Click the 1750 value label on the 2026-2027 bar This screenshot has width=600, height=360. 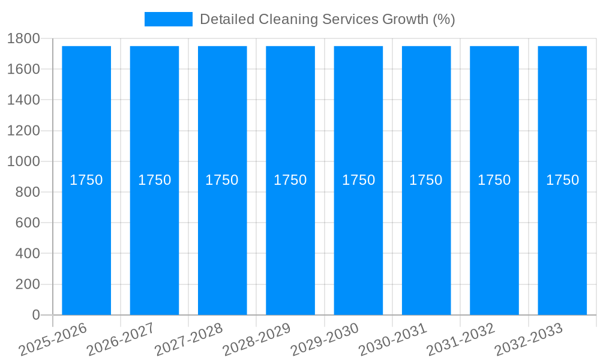(154, 180)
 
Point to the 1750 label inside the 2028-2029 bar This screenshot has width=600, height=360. (290, 180)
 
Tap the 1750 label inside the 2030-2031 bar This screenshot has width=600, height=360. (426, 180)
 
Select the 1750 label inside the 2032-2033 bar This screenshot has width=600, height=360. (562, 180)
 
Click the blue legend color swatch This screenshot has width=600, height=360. (168, 19)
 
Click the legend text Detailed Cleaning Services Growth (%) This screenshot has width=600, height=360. (327, 19)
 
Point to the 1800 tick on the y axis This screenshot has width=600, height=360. (23, 38)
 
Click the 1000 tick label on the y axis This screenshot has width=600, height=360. (23, 161)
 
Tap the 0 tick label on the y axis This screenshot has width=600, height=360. (35, 315)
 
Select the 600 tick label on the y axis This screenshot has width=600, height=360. (27, 223)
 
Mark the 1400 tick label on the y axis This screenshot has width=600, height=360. (23, 100)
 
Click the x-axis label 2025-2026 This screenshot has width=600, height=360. (53, 340)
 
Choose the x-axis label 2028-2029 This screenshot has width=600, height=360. (257, 340)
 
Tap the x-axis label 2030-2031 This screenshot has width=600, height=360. (393, 340)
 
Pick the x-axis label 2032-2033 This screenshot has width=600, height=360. (529, 340)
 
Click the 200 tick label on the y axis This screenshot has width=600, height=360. (27, 284)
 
